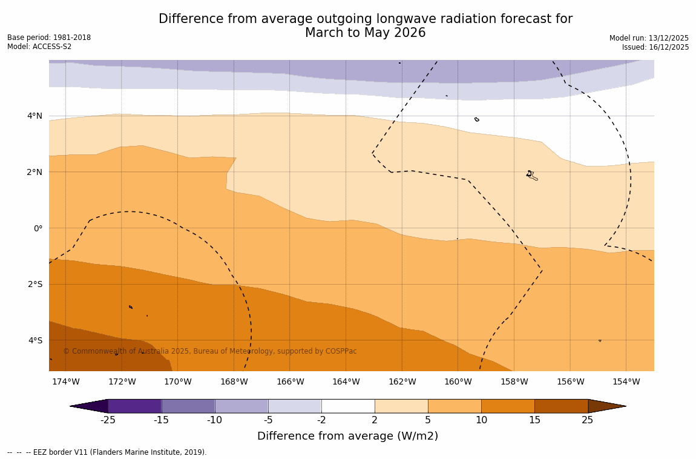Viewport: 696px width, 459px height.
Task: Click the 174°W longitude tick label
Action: click(65, 381)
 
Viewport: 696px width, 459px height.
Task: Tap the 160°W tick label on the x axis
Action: click(458, 381)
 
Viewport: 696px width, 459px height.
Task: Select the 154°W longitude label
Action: click(626, 381)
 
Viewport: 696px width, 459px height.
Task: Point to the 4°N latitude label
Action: click(34, 116)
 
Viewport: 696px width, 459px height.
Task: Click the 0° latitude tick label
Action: click(38, 228)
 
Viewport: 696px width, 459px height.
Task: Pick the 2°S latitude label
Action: click(34, 284)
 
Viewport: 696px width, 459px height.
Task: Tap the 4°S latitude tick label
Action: click(34, 340)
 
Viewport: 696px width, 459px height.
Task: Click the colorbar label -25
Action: click(108, 420)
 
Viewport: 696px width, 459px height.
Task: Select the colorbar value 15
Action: click(534, 420)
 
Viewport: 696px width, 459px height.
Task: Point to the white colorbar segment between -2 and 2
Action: click(348, 406)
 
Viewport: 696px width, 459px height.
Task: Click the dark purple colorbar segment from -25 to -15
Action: click(134, 406)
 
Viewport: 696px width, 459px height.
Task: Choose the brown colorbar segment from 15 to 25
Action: click(561, 406)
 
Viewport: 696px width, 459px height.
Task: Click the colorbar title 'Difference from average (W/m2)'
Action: click(347, 436)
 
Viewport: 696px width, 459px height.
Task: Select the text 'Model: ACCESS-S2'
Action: click(39, 47)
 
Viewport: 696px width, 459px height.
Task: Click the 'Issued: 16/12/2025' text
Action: click(655, 47)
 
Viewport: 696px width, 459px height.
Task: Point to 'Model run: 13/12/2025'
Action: click(649, 38)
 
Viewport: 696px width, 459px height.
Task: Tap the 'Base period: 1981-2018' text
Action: click(49, 38)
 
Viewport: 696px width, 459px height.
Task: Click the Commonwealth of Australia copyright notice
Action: click(210, 351)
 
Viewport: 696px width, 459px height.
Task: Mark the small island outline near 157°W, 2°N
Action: click(531, 176)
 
